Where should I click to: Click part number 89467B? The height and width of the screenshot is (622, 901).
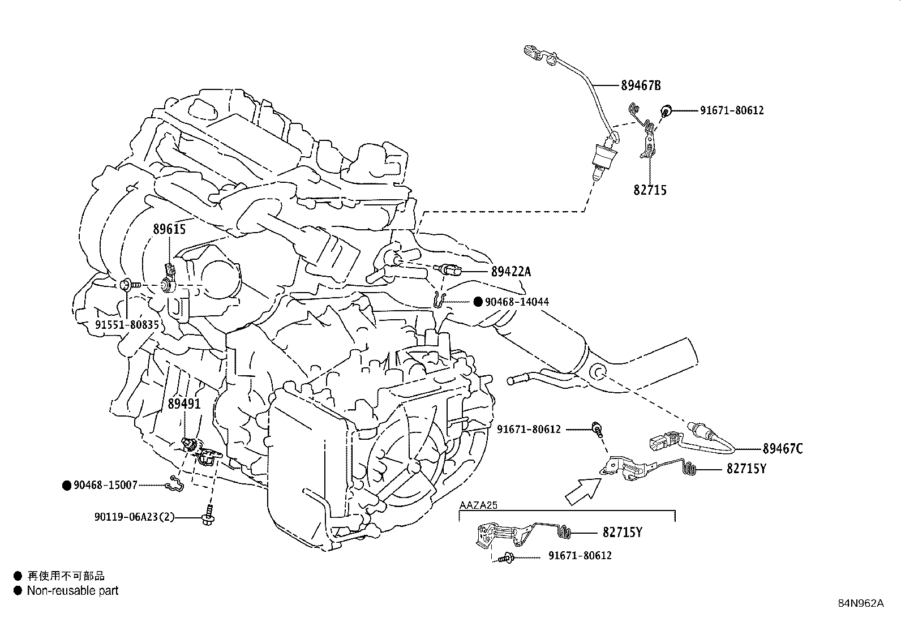[641, 86]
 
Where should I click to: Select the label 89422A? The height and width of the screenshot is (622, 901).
[511, 272]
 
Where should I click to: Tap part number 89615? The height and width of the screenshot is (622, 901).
[169, 229]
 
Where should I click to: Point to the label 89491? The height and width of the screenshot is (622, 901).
[184, 404]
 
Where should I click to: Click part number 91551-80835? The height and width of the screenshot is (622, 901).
[127, 325]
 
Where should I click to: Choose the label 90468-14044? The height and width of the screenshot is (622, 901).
[517, 302]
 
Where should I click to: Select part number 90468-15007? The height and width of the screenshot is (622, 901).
[106, 485]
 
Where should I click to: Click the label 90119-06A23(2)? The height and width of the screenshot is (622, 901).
[134, 516]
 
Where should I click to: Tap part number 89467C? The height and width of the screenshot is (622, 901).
[782, 449]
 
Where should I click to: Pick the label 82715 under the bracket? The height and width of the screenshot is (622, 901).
[650, 190]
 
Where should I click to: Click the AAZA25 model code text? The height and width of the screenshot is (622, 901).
[478, 505]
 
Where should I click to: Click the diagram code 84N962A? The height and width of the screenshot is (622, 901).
[861, 603]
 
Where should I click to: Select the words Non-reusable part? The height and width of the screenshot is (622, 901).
[73, 591]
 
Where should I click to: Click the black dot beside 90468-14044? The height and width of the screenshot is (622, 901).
[478, 302]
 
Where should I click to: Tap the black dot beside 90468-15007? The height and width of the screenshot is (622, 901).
[67, 485]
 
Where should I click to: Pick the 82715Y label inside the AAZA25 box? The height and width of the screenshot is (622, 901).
[622, 533]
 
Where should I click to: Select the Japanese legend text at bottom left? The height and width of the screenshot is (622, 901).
[66, 576]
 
